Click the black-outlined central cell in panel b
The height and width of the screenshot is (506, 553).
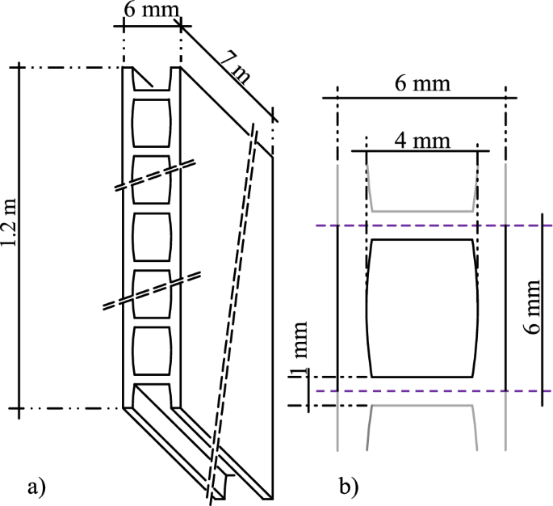(x=421, y=308)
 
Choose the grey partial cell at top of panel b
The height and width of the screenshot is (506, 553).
(x=421, y=188)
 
